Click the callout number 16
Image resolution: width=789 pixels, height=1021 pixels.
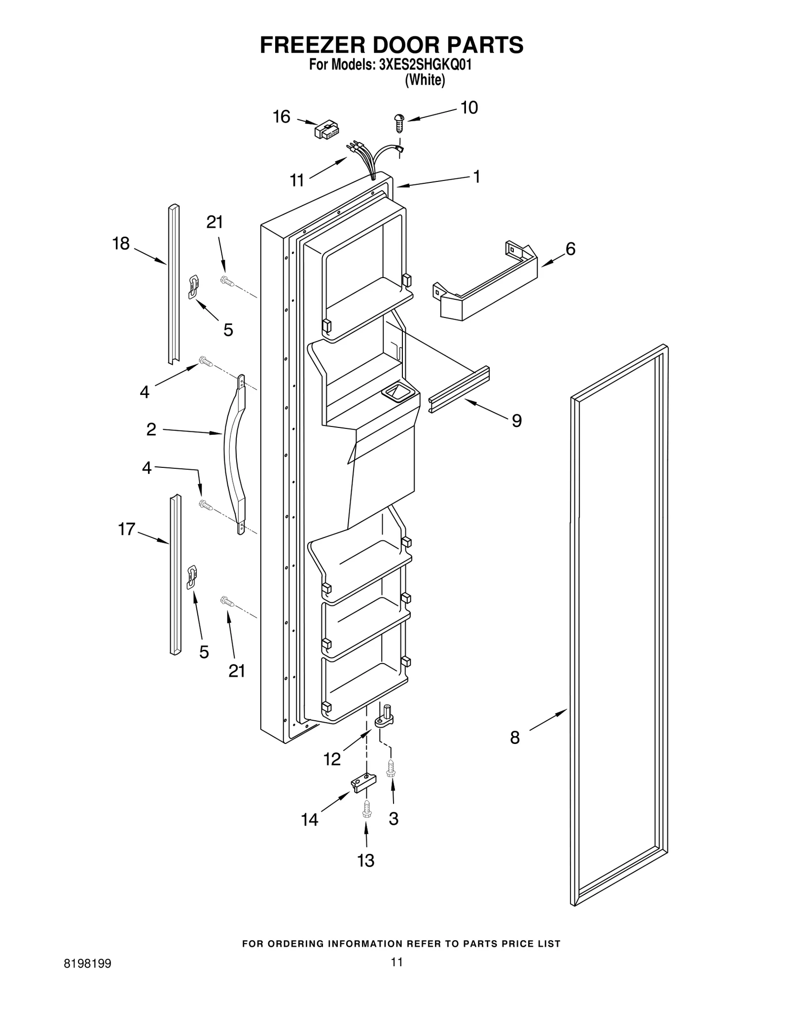pos(282,117)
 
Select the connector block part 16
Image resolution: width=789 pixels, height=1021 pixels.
pos(327,131)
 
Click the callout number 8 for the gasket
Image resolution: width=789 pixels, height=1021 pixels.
pos(514,738)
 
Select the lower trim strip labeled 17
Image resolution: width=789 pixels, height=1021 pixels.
pos(175,574)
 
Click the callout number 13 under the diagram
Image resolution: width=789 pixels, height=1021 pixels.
pos(365,860)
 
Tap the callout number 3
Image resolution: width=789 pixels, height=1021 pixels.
pos(393,819)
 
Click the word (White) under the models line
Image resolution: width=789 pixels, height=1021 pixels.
pos(425,80)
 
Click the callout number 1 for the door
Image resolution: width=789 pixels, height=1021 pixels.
pos(476,176)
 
